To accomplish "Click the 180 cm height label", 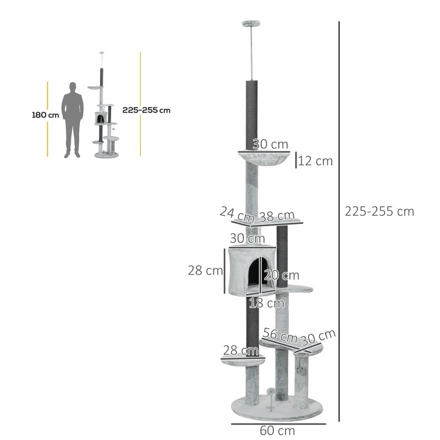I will (x=45, y=115).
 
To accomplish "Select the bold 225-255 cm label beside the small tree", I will (x=146, y=110).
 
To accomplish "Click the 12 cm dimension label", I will (x=316, y=161).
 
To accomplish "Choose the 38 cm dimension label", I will (x=277, y=216).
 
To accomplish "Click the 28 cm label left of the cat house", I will (x=205, y=271).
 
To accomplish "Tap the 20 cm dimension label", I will (x=282, y=275).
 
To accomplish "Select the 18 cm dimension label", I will (x=266, y=303).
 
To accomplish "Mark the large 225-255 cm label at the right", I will (x=379, y=211).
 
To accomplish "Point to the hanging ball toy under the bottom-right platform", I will (x=300, y=370).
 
